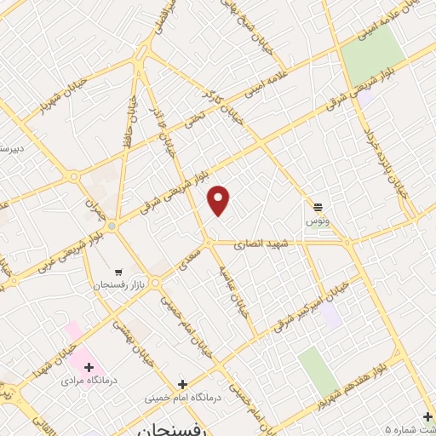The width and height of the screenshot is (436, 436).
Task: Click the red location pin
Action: click(x=219, y=200)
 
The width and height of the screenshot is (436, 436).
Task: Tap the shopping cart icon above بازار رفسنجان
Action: click(x=118, y=262)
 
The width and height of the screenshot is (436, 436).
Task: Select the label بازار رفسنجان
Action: click(x=116, y=278)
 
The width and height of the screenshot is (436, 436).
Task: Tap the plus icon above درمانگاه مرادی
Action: click(x=88, y=366)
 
